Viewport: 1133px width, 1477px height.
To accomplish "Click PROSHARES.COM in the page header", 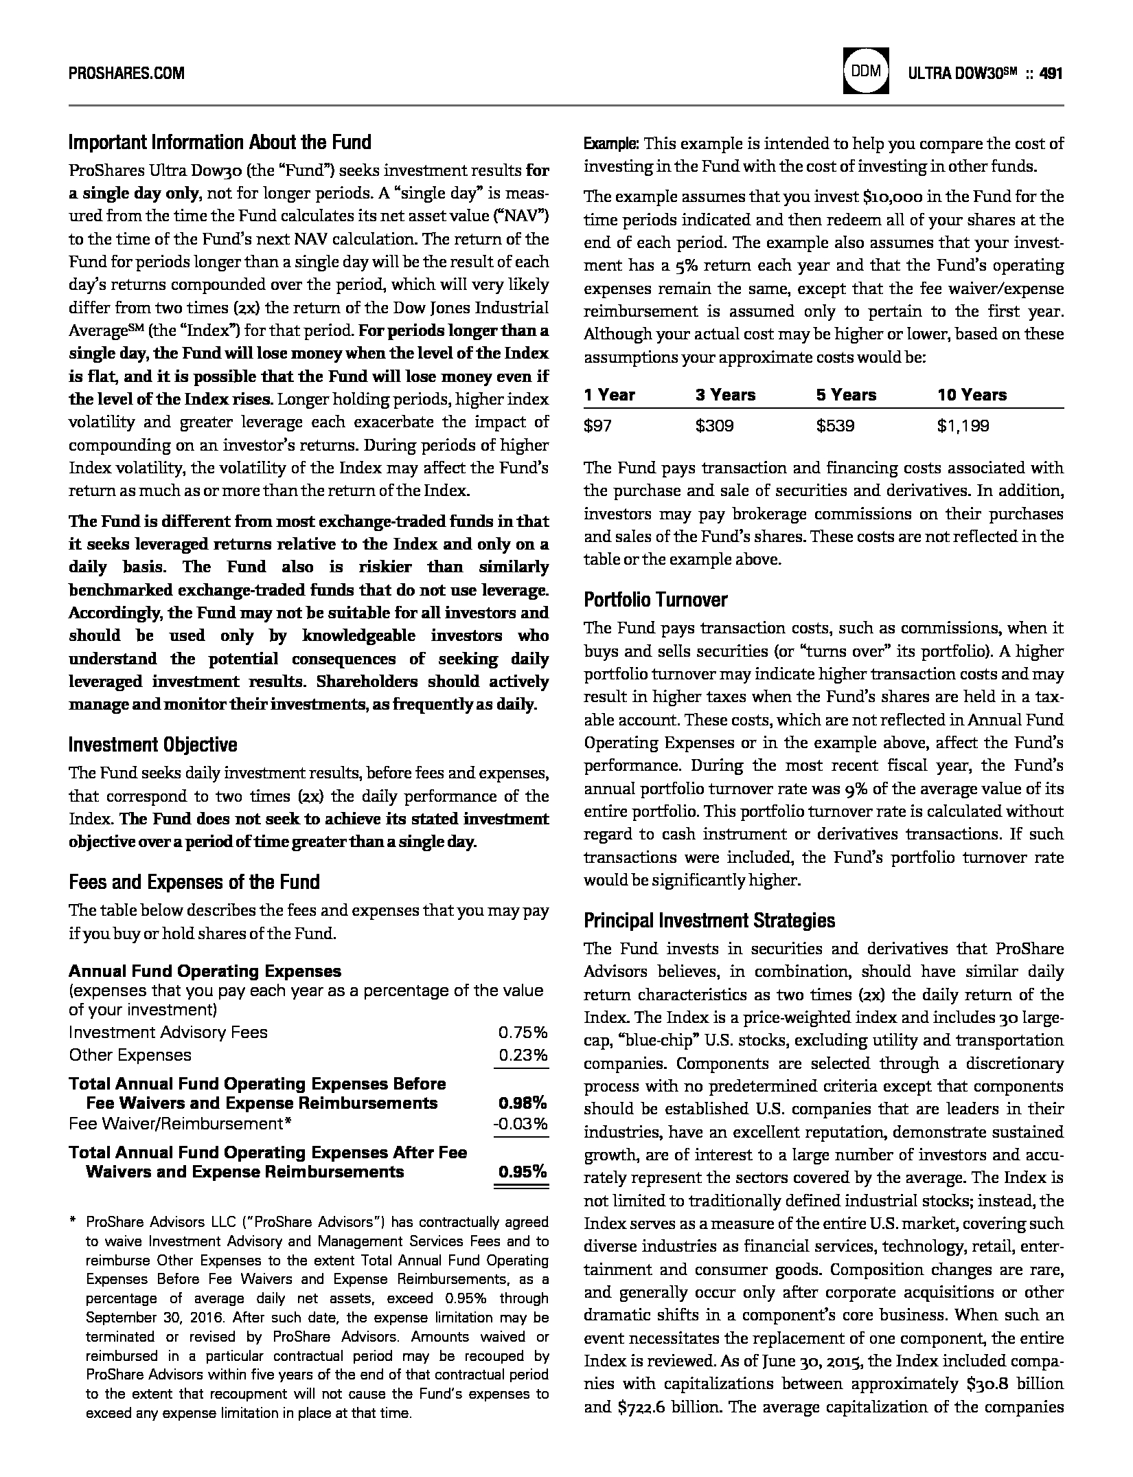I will pyautogui.click(x=126, y=73).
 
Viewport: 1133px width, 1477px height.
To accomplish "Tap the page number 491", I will pyautogui.click(x=1051, y=73).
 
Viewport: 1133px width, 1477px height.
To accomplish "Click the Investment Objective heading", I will pyautogui.click(x=152, y=745).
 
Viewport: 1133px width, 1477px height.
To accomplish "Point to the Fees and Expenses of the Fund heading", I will pyautogui.click(x=194, y=881).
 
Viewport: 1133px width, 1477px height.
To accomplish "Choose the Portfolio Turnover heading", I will pyautogui.click(x=655, y=600).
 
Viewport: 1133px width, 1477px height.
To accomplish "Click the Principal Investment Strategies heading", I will pyautogui.click(x=709, y=921).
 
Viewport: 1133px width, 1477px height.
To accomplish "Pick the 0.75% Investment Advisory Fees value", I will pyautogui.click(x=523, y=1033).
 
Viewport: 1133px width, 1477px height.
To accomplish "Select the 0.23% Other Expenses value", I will pyautogui.click(x=523, y=1055).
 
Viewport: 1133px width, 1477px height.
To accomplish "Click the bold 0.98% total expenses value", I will pyautogui.click(x=523, y=1103).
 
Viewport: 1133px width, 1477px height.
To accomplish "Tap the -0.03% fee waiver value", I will pyautogui.click(x=520, y=1124).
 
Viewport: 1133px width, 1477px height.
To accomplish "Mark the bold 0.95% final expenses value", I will pyautogui.click(x=523, y=1171).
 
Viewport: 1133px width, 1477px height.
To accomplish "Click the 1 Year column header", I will pyautogui.click(x=609, y=395).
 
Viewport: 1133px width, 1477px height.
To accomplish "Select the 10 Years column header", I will pyautogui.click(x=972, y=395).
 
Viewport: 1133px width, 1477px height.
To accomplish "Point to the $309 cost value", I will pyautogui.click(x=714, y=426).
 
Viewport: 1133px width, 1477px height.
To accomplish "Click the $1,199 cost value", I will pyautogui.click(x=963, y=426).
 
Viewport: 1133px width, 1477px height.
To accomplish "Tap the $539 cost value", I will pyautogui.click(x=835, y=426).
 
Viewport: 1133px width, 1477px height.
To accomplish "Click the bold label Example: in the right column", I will pyautogui.click(x=611, y=144).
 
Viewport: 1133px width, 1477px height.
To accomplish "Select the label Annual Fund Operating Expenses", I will pyautogui.click(x=205, y=971).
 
